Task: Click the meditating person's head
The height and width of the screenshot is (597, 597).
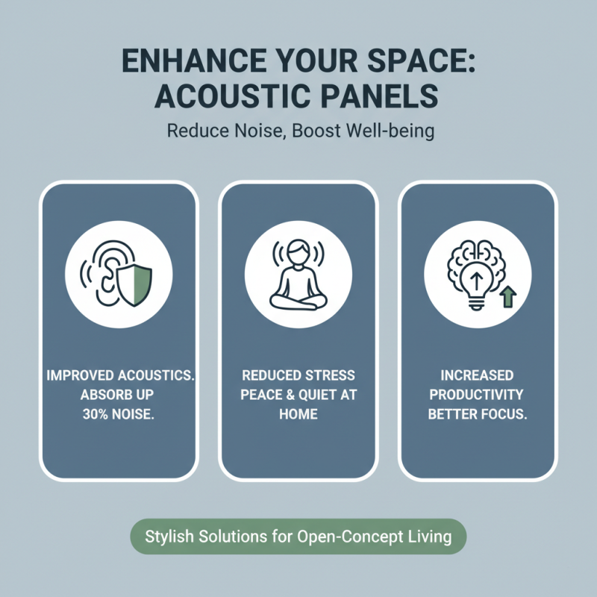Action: click(x=298, y=251)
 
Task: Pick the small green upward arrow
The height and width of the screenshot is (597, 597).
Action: click(x=508, y=298)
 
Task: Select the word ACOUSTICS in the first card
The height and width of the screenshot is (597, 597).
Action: click(x=154, y=375)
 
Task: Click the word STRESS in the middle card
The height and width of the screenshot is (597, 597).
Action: click(x=329, y=375)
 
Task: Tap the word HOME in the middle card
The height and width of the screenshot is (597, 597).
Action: click(x=298, y=413)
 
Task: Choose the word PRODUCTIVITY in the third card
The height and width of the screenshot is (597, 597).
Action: click(x=477, y=393)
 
